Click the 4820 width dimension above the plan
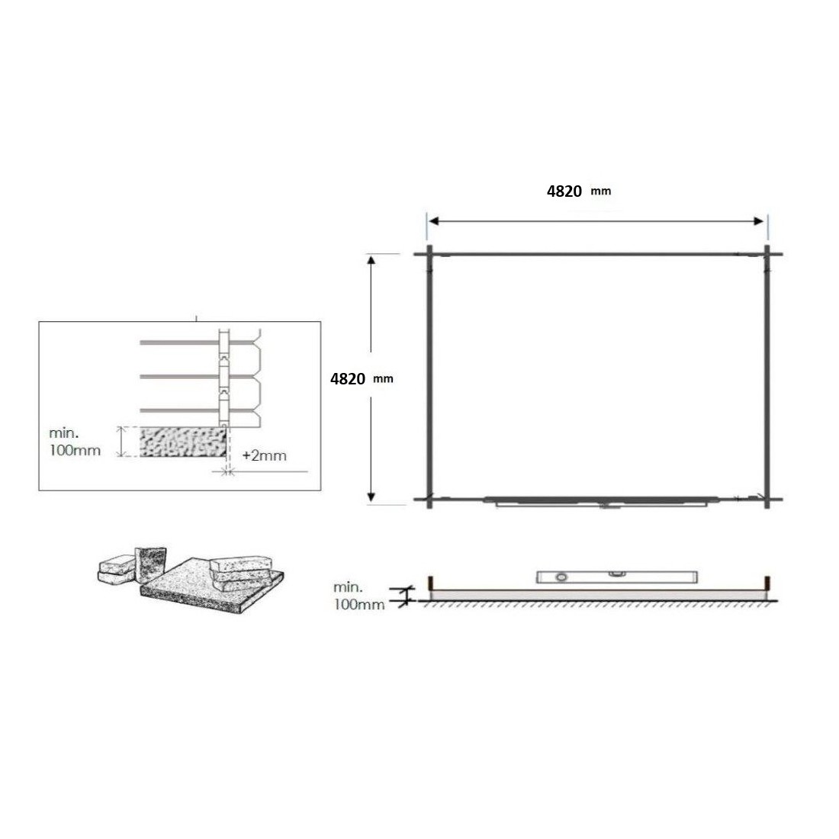pyautogui.click(x=578, y=191)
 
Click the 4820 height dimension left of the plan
pyautogui.click(x=362, y=379)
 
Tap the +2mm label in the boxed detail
pyautogui.click(x=265, y=455)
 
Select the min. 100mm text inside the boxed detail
pyautogui.click(x=75, y=442)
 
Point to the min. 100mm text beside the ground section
pyautogui.click(x=358, y=596)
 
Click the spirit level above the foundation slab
pyautogui.click(x=617, y=577)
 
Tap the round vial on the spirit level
pyautogui.click(x=561, y=577)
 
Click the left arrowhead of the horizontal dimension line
pyautogui.click(x=434, y=221)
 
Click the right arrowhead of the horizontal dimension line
pyautogui.click(x=758, y=221)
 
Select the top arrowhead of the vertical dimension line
pyautogui.click(x=371, y=260)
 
